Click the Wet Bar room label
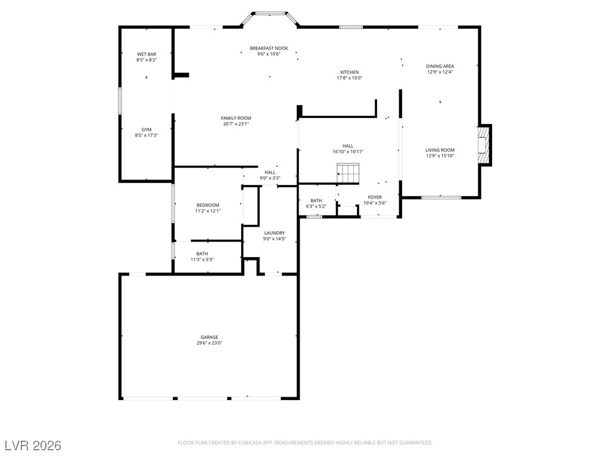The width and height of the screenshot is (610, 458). pyautogui.click(x=147, y=54)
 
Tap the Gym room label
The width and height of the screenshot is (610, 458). pyautogui.click(x=147, y=129)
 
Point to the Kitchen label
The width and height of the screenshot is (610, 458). pyautogui.click(x=350, y=72)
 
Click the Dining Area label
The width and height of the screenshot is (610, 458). pyautogui.click(x=440, y=66)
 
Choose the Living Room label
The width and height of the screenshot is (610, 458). pyautogui.click(x=440, y=150)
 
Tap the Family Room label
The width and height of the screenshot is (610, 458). pyautogui.click(x=236, y=118)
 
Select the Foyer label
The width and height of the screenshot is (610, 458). pyautogui.click(x=375, y=197)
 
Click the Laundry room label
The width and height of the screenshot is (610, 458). pyautogui.click(x=274, y=233)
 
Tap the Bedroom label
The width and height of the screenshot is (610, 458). pyautogui.click(x=208, y=205)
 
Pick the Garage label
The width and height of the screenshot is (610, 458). pyautogui.click(x=209, y=337)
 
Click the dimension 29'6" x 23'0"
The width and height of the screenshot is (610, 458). pyautogui.click(x=209, y=343)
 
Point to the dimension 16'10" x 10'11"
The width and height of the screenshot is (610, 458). pyautogui.click(x=348, y=151)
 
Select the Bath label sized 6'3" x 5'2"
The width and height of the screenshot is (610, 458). pyautogui.click(x=316, y=200)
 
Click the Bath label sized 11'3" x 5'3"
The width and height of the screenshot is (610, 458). pyautogui.click(x=202, y=253)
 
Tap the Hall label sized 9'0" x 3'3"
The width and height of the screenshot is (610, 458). pyautogui.click(x=270, y=172)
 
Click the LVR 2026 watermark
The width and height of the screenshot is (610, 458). pyautogui.click(x=33, y=445)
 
